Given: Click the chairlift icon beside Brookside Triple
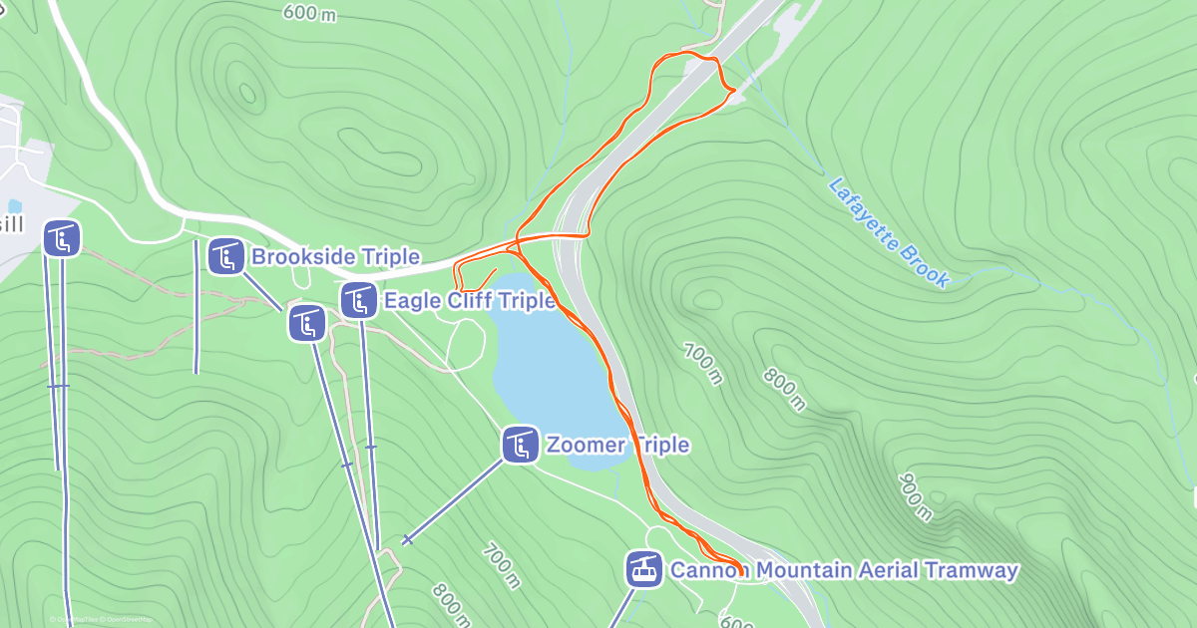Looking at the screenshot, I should pyautogui.click(x=226, y=256).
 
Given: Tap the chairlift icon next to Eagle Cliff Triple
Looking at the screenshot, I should pyautogui.click(x=358, y=300).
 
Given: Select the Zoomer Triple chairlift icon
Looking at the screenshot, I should pyautogui.click(x=521, y=444).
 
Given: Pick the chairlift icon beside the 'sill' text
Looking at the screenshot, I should pyautogui.click(x=62, y=238).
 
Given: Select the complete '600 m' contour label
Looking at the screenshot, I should pyautogui.click(x=309, y=12).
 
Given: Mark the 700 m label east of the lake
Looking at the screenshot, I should pyautogui.click(x=702, y=363).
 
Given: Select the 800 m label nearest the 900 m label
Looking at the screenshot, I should pyautogui.click(x=785, y=389).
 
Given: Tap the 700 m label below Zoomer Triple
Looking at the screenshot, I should pyautogui.click(x=501, y=565).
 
